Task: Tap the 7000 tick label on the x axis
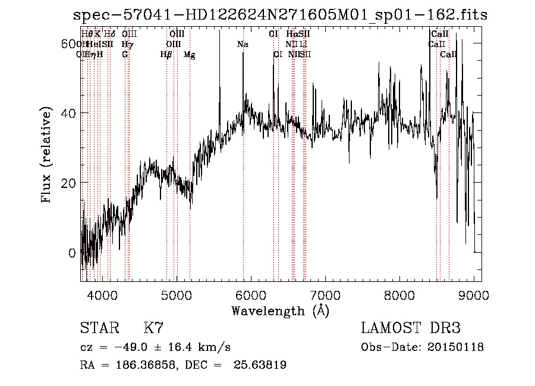[325, 294]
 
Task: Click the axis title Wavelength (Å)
[280, 310]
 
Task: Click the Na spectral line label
[243, 45]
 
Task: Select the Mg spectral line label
[190, 55]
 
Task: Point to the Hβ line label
[166, 55]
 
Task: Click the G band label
[125, 55]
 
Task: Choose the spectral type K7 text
[153, 328]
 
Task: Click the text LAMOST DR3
[410, 328]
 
